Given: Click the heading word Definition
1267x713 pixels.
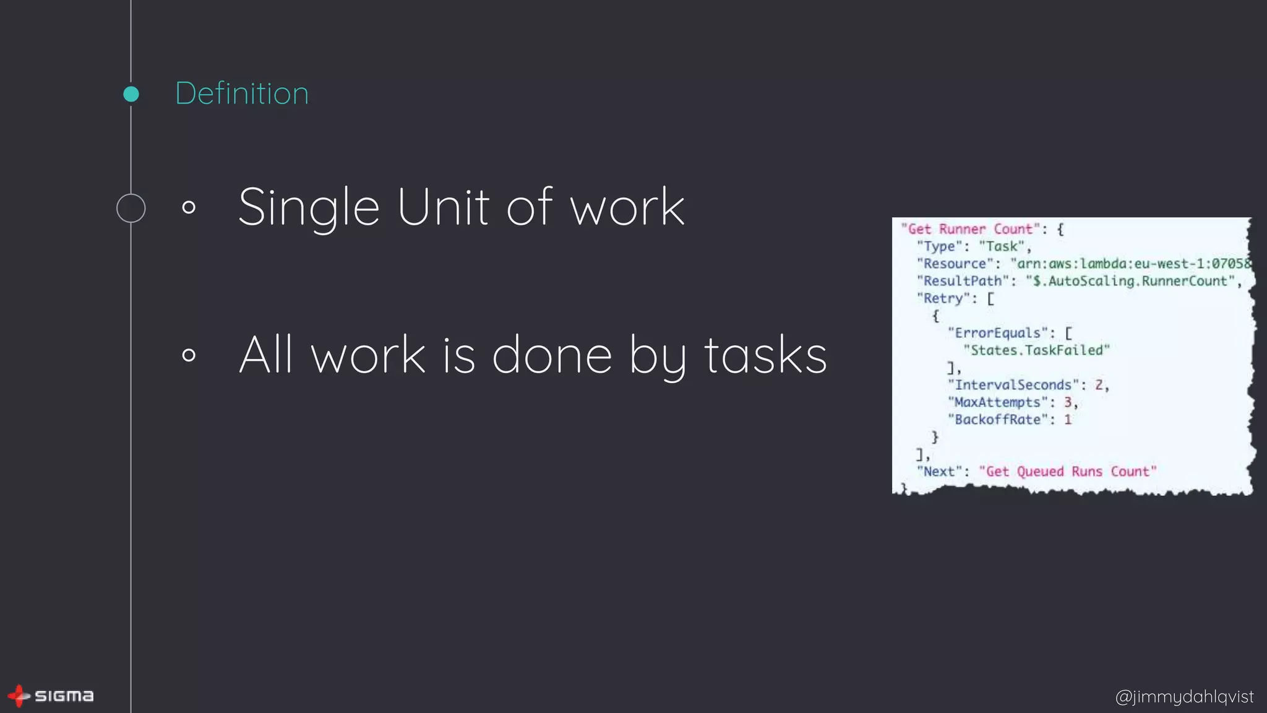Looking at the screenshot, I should point(242,93).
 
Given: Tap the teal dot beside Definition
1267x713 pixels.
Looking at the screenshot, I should point(131,94).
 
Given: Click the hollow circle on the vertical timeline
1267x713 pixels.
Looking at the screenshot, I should point(131,208).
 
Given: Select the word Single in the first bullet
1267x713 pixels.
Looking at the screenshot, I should point(309,208).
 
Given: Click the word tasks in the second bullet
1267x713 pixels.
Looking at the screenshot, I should point(765,355).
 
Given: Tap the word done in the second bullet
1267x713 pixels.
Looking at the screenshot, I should point(552,355).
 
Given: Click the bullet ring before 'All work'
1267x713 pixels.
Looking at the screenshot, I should point(189,355).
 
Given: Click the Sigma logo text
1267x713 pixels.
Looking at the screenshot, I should point(64,696).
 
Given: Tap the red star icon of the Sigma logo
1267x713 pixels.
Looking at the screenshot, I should point(19,696).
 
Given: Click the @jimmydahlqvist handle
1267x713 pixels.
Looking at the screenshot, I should point(1184,696).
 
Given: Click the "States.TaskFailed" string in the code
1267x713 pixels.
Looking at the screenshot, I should point(1037,350).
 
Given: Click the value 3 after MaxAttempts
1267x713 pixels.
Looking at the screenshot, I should point(1068,402).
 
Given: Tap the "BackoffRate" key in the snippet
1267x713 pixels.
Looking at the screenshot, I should point(997,420).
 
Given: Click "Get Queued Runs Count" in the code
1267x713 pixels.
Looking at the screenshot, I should point(1068,472).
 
